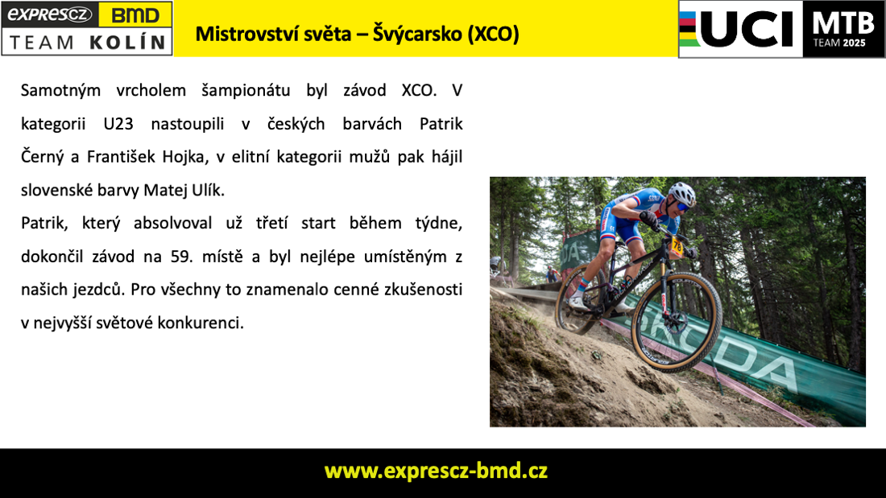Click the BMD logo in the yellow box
point(135,14)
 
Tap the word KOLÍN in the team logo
point(128,43)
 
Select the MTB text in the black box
point(843,23)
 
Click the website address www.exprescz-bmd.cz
point(436,471)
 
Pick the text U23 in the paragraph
point(118,124)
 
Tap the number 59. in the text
point(182,257)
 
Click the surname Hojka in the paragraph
point(183,157)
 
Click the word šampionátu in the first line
point(246,91)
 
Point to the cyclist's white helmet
point(682,192)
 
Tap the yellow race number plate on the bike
point(677,247)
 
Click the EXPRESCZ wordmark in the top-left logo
point(50,14)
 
